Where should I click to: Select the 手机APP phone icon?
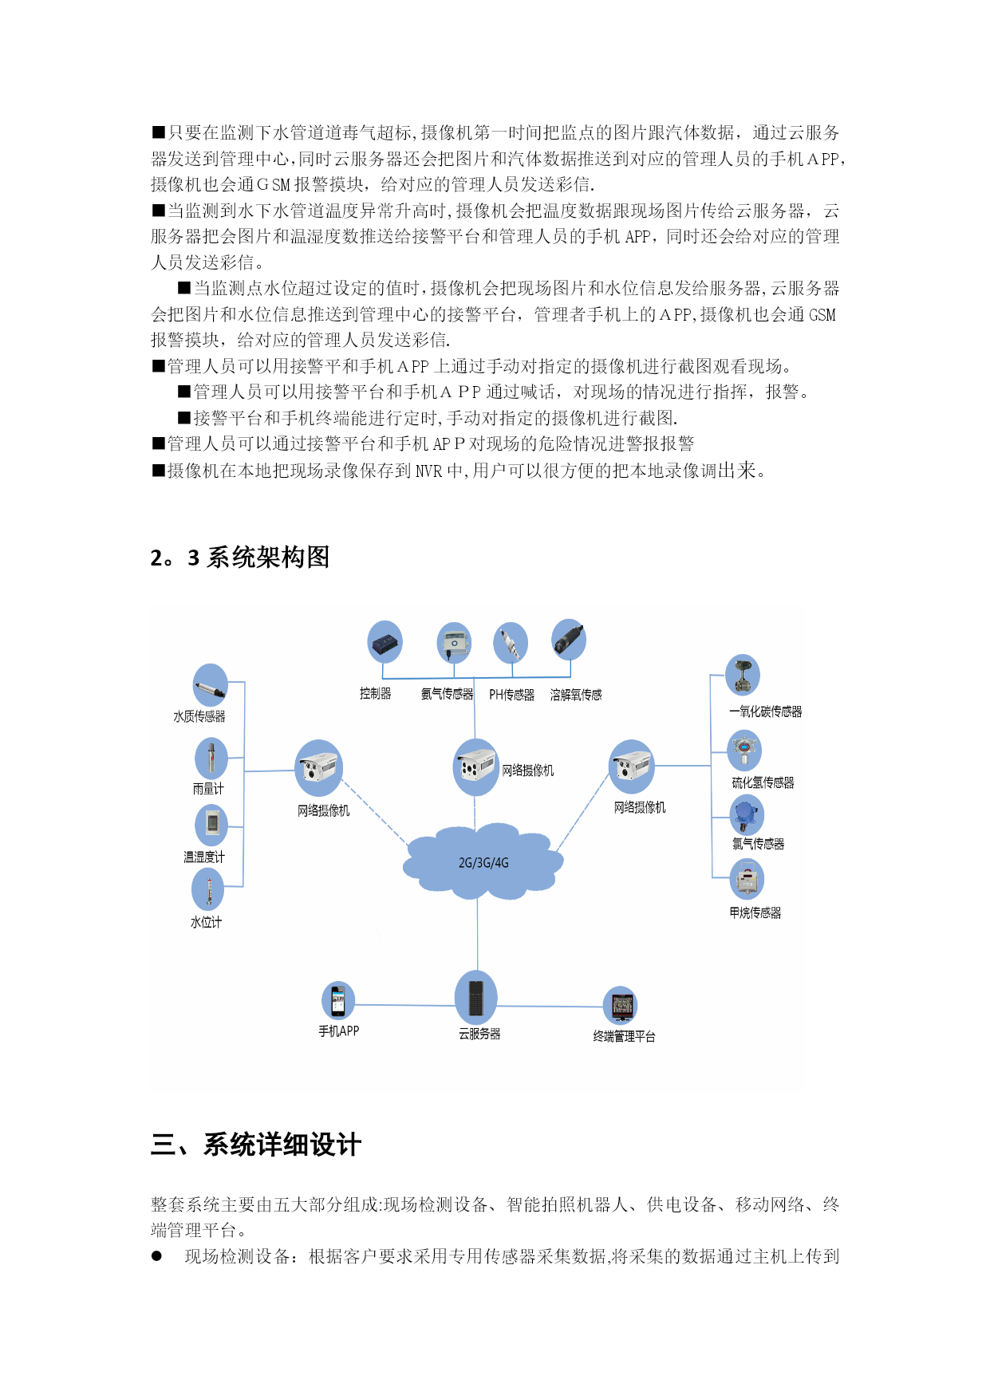338,1000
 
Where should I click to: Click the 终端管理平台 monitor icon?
621,1006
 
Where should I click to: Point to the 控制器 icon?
385,642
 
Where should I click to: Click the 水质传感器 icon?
211,685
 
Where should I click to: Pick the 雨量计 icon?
211,758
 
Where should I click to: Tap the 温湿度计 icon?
211,825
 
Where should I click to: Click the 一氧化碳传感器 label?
765,711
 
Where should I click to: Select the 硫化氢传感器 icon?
744,751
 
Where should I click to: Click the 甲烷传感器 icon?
747,879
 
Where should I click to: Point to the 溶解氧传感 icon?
569,640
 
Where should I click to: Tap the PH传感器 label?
511,695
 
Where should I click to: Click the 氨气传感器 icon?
454,643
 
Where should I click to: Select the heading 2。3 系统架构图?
239,558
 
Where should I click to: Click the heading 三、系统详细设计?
255,1145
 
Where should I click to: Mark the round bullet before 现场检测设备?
156,1256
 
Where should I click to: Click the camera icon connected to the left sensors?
319,767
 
